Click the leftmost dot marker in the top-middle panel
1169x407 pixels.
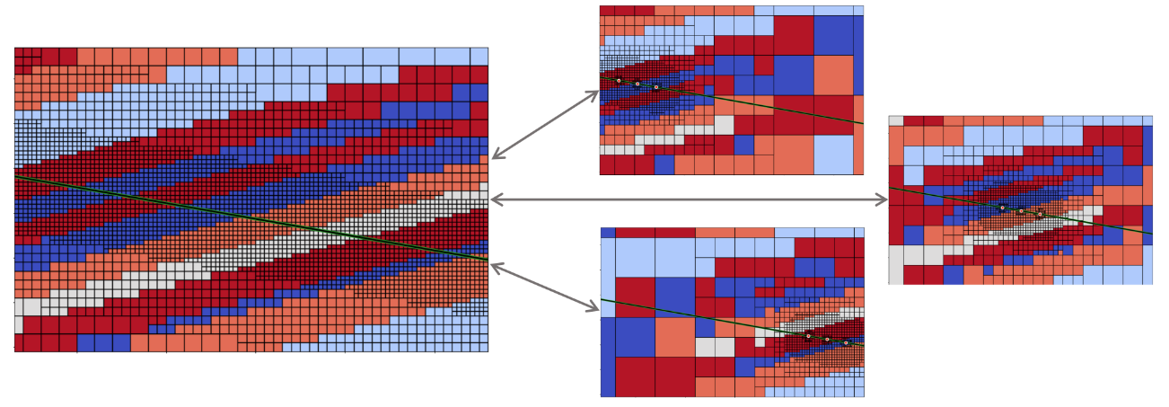(x=619, y=81)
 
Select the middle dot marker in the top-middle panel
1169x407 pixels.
(x=637, y=84)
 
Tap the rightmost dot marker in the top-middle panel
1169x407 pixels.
(x=656, y=87)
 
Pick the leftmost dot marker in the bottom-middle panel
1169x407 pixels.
(x=808, y=336)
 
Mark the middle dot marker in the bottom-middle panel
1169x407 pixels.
(x=827, y=340)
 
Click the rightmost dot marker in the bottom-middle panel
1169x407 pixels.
(x=846, y=342)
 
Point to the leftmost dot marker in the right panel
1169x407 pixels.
(x=1002, y=208)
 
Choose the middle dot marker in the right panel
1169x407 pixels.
(x=1021, y=211)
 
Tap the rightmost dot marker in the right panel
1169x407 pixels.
(x=1040, y=214)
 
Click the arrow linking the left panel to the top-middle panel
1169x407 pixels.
(x=545, y=125)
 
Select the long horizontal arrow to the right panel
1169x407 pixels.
(x=689, y=199)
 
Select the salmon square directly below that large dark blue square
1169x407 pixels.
(x=832, y=75)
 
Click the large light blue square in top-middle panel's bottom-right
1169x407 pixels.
(x=832, y=155)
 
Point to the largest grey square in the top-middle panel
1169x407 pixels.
(x=724, y=125)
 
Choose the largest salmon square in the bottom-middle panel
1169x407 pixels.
(x=674, y=337)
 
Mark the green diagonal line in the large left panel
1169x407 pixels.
(x=251, y=218)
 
